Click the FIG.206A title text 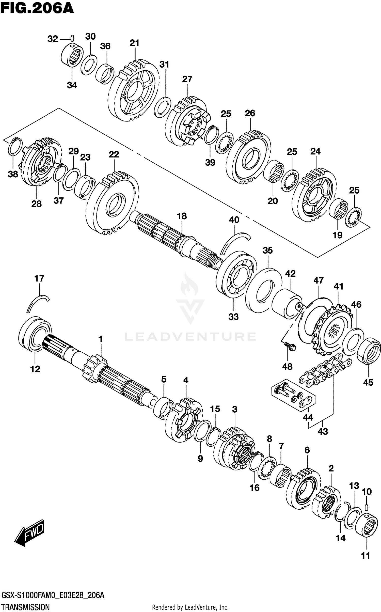[37, 9]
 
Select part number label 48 [287, 367]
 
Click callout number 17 [39, 278]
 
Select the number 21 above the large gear [134, 43]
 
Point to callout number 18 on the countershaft [182, 216]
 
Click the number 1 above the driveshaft [100, 339]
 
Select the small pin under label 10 [367, 507]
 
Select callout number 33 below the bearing [233, 317]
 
